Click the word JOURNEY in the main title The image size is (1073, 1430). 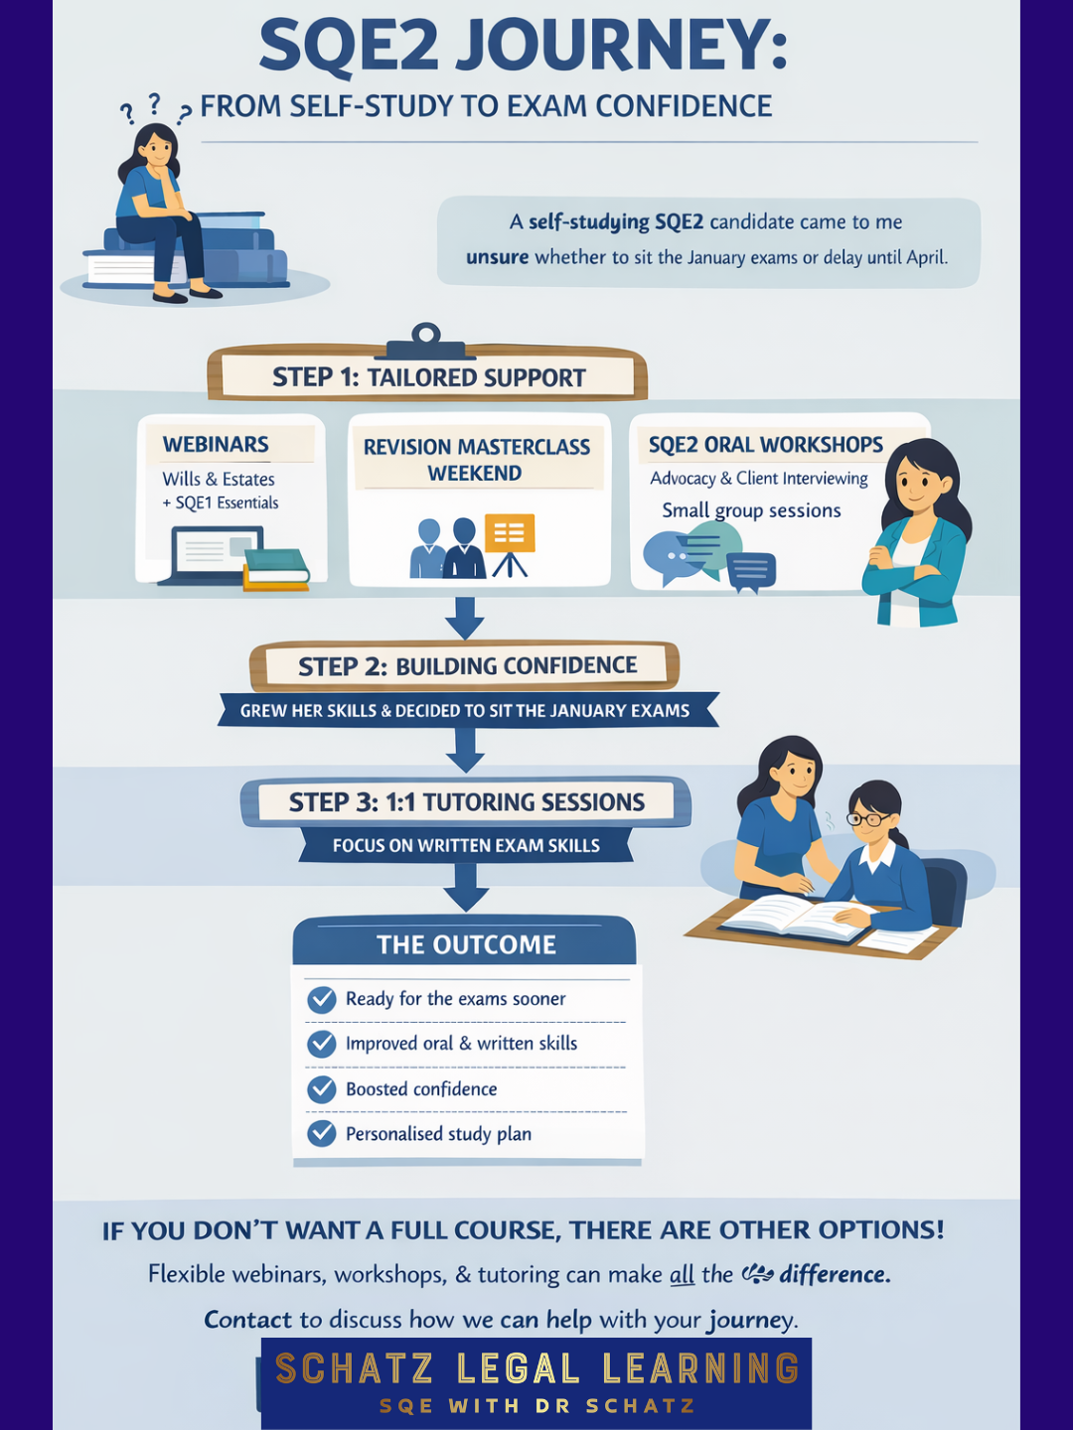coord(622,48)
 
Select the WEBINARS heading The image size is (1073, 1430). coord(216,444)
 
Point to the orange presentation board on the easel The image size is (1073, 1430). coord(510,533)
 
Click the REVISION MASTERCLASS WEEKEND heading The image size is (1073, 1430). coord(477,460)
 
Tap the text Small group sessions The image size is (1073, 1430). coord(751,510)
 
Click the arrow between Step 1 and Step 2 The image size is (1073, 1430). coord(464,618)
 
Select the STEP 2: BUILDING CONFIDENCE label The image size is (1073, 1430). coord(467,665)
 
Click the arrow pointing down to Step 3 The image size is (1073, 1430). coord(464,750)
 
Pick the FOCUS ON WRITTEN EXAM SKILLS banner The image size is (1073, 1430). coord(466,846)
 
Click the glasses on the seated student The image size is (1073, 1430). coord(868,819)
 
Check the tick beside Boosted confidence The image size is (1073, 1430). coord(322,1089)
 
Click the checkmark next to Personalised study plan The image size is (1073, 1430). coord(322,1133)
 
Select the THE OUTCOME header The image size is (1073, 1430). coord(466,944)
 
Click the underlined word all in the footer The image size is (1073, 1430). coord(682,1274)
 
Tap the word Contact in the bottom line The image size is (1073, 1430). coord(247,1320)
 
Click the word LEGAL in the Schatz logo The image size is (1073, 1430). coord(518,1369)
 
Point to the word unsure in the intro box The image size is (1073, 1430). coord(497,257)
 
